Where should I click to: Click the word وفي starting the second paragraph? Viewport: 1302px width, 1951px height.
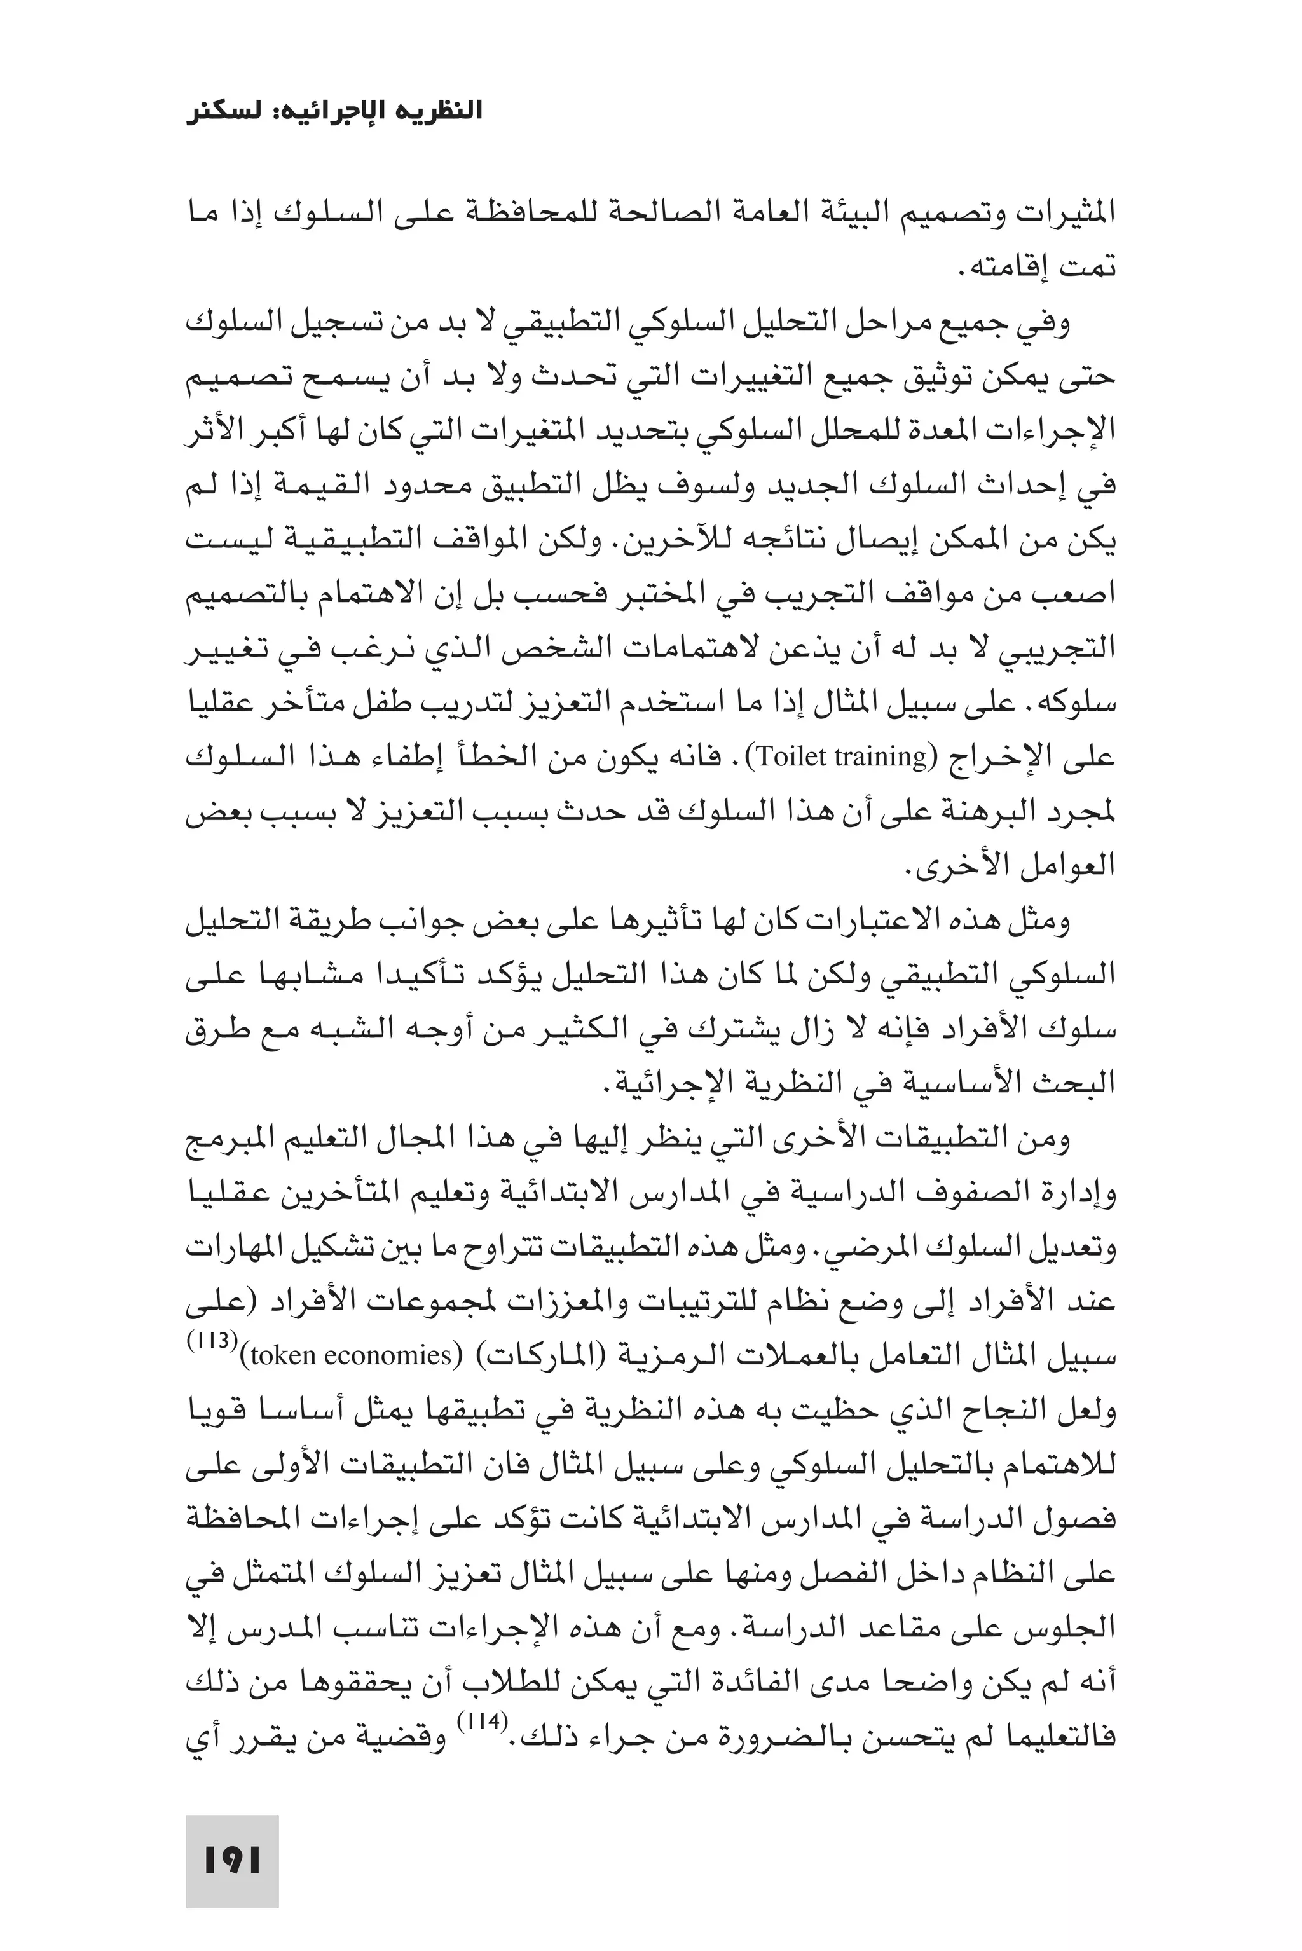click(1048, 322)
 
